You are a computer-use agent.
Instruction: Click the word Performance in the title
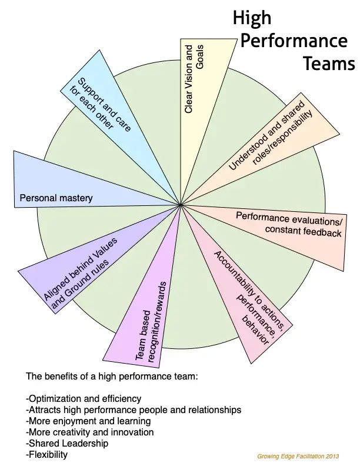[x=294, y=41]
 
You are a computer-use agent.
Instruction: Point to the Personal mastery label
[x=56, y=198]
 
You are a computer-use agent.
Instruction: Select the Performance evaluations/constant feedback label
[x=289, y=224]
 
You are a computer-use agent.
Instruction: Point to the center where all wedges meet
[x=180, y=205]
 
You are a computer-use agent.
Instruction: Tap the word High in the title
[x=252, y=18]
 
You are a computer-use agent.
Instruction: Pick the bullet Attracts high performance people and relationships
[x=134, y=410]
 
